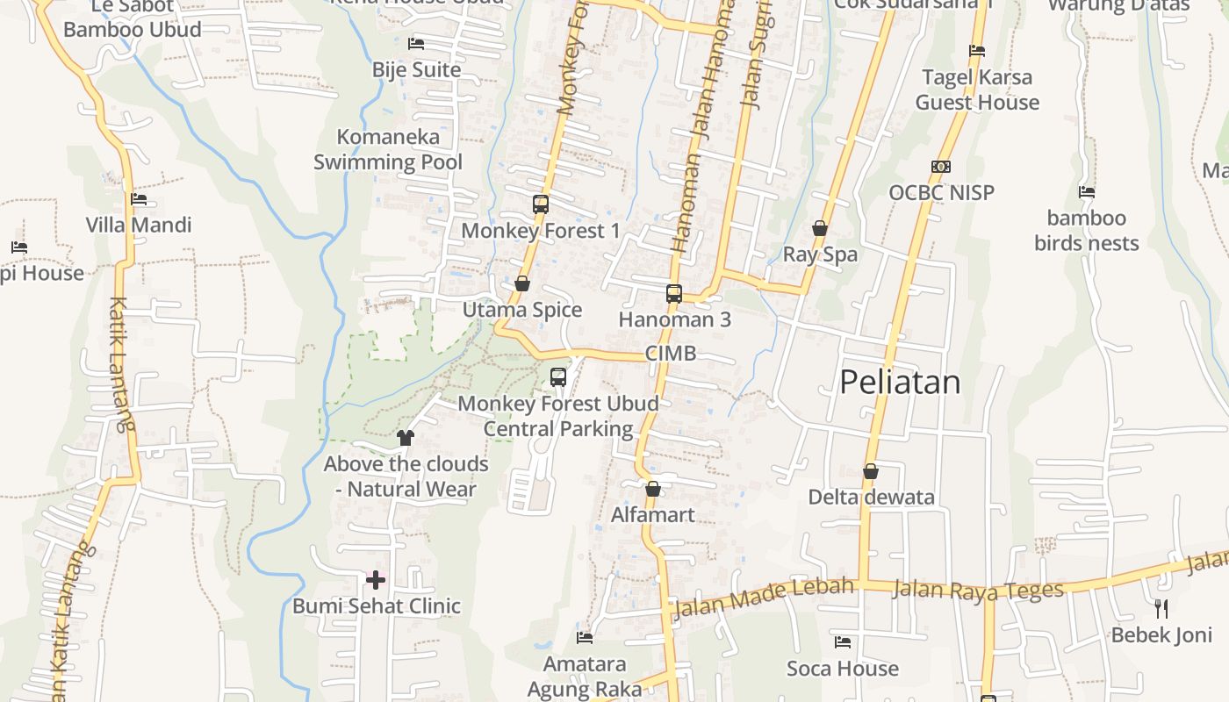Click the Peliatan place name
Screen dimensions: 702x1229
coord(900,383)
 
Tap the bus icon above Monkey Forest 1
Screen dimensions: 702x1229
coord(541,204)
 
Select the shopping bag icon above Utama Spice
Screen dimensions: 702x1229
coord(522,283)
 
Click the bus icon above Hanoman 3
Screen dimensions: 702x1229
coord(674,294)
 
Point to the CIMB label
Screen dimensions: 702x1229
coord(671,354)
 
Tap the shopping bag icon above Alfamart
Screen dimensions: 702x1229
coord(652,489)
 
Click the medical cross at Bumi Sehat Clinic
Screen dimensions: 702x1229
coord(376,580)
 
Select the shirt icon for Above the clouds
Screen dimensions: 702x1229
coord(405,437)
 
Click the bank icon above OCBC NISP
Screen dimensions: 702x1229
coord(941,167)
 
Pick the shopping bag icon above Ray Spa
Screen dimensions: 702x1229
coord(820,228)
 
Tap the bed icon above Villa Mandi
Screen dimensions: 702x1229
coord(139,199)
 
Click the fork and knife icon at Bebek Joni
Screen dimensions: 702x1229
coord(1161,608)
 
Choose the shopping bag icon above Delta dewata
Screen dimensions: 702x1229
coord(871,471)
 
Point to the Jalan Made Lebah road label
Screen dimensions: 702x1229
coord(763,597)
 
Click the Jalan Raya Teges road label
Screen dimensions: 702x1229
coord(978,590)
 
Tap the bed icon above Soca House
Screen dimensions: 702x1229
coord(843,642)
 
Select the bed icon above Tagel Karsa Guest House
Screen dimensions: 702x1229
coord(977,51)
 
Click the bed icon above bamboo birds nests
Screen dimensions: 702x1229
coord(1087,192)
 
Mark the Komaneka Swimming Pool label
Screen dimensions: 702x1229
coord(388,149)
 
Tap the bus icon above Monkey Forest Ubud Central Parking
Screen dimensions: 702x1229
coord(558,377)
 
